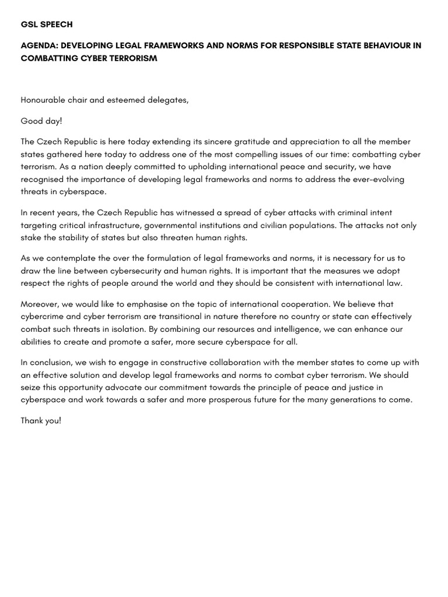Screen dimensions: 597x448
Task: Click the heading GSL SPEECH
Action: (x=47, y=24)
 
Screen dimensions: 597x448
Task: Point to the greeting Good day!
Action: (x=41, y=121)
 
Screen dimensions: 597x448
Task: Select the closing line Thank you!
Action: (x=41, y=420)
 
